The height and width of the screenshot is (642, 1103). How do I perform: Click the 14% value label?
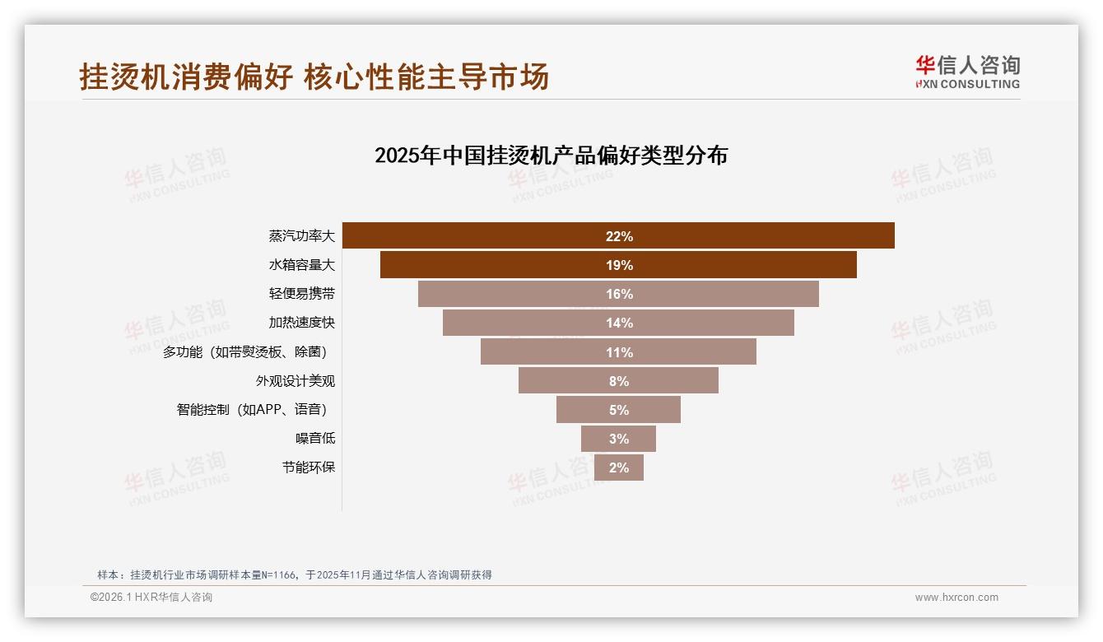click(619, 323)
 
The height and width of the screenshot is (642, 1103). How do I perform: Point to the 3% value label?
click(619, 439)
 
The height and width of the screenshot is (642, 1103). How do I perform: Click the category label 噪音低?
click(315, 439)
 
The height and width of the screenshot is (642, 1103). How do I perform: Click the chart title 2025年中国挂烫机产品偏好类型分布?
click(551, 156)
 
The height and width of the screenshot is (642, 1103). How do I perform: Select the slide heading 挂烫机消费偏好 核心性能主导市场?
click(314, 77)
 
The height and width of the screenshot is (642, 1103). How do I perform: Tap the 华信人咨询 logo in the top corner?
click(967, 72)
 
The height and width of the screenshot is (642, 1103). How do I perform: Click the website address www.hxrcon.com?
click(956, 598)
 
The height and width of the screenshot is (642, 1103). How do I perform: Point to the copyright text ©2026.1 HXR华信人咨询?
click(151, 598)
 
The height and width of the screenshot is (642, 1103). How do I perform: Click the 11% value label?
click(619, 352)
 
